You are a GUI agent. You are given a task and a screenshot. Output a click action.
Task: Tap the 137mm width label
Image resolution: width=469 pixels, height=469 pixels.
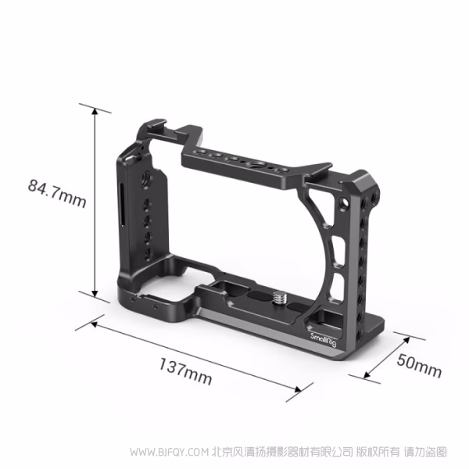pyautogui.click(x=185, y=369)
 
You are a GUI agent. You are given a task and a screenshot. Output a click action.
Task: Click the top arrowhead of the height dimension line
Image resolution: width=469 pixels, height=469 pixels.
pyautogui.click(x=96, y=109)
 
